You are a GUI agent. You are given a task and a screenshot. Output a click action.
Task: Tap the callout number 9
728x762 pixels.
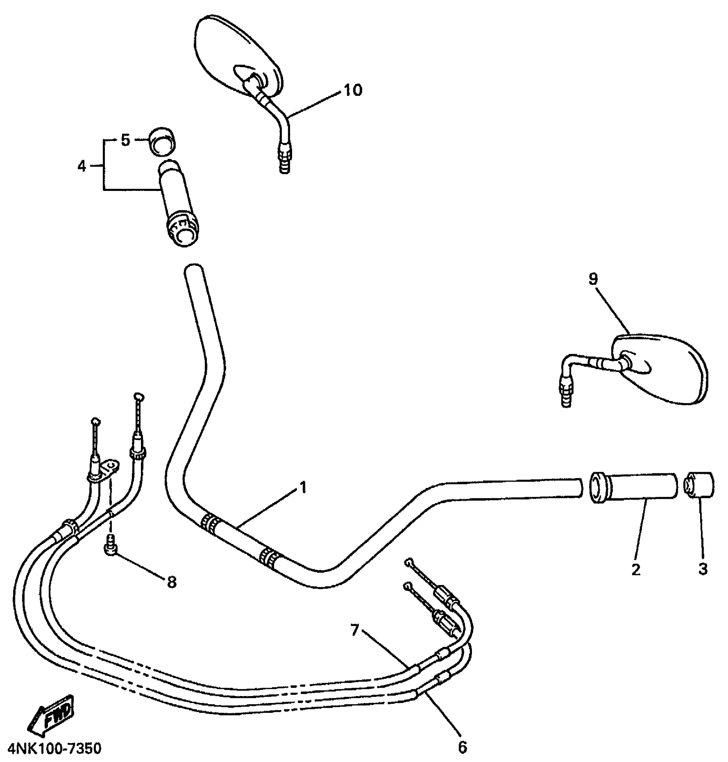(x=593, y=280)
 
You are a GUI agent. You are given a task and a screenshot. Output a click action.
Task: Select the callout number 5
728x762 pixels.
(x=125, y=140)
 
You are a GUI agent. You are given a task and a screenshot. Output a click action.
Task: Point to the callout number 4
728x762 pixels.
(x=82, y=166)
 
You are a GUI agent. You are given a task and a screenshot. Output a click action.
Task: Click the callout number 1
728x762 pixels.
(x=303, y=488)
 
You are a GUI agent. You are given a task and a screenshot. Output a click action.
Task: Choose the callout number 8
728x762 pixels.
(x=171, y=582)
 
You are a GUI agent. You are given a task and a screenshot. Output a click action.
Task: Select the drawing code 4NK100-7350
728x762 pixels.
(x=54, y=749)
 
